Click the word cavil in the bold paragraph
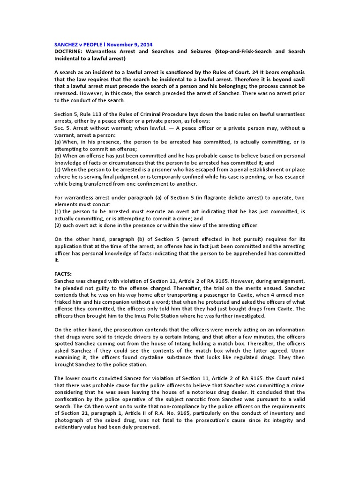[x=297, y=79]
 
